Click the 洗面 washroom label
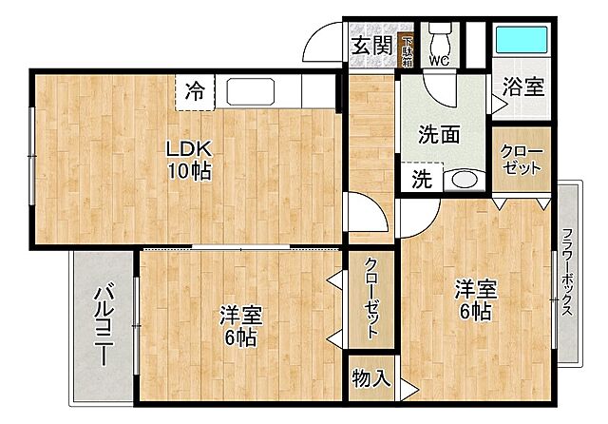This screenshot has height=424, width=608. coord(439,135)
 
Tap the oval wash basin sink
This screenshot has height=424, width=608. coord(463,178)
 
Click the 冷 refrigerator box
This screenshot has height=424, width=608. coord(195,91)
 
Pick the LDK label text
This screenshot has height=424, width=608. coord(188,149)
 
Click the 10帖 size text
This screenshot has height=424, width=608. coord(188,172)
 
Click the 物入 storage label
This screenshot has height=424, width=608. coord(370,378)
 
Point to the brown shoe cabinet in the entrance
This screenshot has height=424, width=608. coord(407,48)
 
